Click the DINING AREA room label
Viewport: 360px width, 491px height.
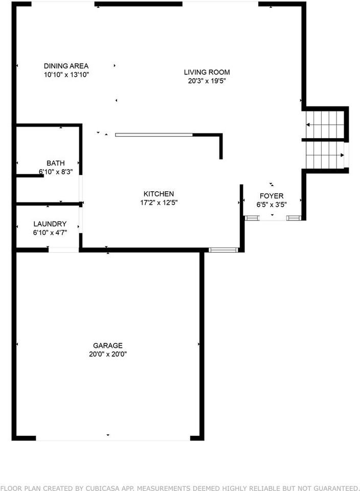(66, 65)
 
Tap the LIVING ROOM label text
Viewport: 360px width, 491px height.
(207, 72)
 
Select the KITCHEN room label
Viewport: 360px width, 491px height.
(159, 194)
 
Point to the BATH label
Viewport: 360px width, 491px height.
(55, 163)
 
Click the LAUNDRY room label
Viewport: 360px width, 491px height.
(50, 224)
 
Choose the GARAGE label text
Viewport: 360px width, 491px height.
(107, 346)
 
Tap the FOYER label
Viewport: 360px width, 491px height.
(272, 196)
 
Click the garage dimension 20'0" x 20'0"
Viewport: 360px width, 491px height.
(107, 354)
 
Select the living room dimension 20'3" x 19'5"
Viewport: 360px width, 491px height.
(207, 80)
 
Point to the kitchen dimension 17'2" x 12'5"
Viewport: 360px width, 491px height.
(159, 202)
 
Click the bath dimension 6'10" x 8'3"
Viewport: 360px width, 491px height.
(55, 172)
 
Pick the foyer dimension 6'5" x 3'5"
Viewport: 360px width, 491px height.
(272, 204)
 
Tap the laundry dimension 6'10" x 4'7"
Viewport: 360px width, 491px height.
(50, 233)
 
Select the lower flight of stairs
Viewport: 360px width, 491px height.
(325, 154)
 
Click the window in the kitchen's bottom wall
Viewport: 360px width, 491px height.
(224, 250)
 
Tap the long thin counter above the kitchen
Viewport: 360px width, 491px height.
(154, 135)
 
